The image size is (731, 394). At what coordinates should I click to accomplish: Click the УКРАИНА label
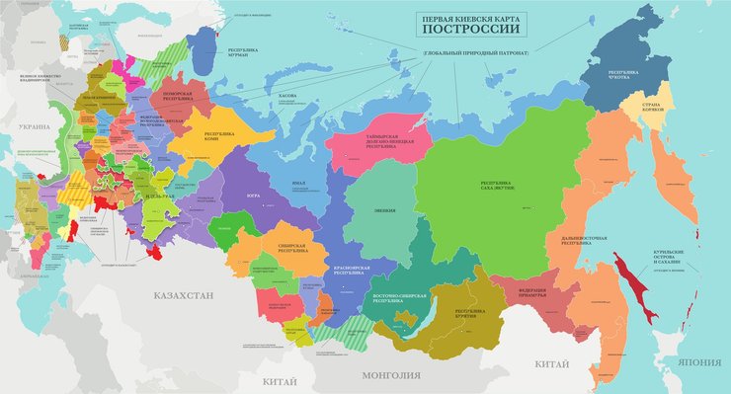coord(33,127)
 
